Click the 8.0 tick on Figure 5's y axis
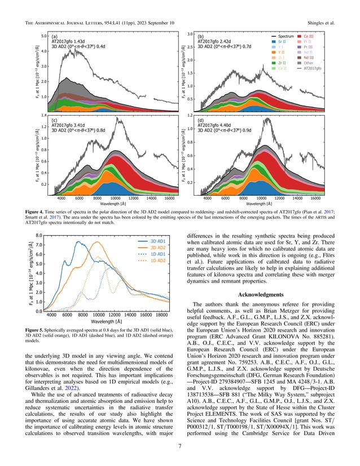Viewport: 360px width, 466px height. (40, 235)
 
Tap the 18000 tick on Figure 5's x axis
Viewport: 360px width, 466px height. (162, 316)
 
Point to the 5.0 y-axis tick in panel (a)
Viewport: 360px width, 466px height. (42, 36)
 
